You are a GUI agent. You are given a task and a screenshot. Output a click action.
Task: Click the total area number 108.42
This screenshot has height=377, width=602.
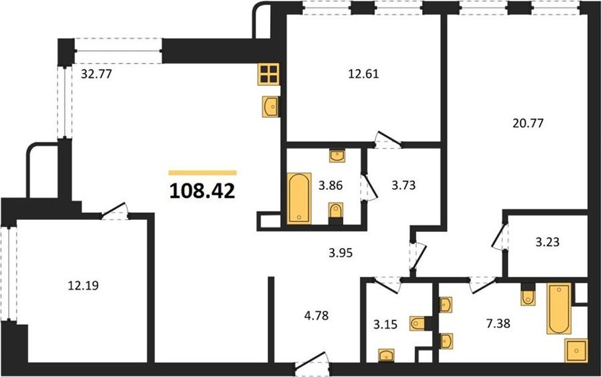202,191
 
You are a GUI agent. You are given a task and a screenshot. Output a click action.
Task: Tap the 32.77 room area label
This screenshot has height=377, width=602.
96,74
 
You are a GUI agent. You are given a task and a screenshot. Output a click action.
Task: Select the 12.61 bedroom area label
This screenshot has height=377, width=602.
363,74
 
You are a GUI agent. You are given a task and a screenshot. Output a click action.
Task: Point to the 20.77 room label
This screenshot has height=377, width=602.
528,123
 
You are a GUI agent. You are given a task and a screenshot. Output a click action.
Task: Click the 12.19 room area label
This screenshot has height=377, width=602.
84,285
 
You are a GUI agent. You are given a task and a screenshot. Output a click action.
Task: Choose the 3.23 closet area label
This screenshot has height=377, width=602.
547,242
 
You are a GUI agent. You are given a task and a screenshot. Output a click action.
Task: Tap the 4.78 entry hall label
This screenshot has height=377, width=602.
316,316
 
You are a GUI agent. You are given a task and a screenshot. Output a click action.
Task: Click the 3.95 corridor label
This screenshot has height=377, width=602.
340,253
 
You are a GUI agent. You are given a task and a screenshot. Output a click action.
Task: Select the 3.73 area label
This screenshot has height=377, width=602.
403,185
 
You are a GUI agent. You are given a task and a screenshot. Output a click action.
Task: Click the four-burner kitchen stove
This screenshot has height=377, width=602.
269,74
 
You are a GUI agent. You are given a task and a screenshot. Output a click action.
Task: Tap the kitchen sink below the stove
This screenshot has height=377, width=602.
271,106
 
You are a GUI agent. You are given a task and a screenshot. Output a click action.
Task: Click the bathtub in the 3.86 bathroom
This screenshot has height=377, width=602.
299,199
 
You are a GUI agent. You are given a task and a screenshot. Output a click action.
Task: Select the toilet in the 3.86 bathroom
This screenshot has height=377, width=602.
336,213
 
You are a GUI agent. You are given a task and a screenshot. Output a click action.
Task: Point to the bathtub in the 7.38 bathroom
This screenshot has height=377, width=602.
559,308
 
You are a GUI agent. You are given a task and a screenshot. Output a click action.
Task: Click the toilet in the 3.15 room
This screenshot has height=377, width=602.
419,324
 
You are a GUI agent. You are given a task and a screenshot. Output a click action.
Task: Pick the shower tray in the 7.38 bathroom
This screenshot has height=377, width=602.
577,350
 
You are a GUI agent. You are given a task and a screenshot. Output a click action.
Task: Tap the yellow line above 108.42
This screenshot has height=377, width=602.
203,172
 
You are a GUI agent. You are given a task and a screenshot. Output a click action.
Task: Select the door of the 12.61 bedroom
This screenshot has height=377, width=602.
388,140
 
